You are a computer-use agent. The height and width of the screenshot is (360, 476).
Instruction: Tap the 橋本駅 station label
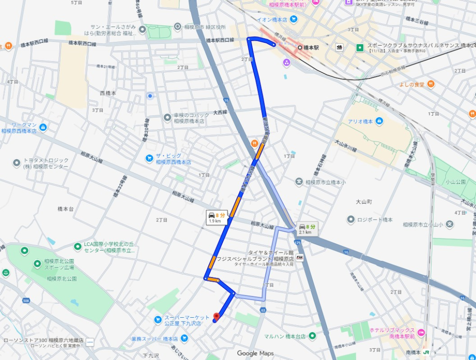311,47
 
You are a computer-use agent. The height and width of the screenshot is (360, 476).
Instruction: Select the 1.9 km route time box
218,218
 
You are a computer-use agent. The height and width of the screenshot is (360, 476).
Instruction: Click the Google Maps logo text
255,353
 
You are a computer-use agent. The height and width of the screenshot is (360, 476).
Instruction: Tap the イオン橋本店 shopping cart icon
294,19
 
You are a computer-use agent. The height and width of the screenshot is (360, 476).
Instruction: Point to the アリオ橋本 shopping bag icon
379,121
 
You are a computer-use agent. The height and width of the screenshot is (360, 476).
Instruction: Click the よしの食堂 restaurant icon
431,84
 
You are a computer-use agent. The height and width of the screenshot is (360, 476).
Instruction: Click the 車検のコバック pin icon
168,117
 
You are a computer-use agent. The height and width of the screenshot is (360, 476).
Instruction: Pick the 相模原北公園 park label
62,279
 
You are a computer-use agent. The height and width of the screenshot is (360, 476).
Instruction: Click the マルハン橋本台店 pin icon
312,336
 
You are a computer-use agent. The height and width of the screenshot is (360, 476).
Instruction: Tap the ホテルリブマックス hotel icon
421,333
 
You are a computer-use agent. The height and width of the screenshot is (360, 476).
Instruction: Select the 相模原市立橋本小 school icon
299,182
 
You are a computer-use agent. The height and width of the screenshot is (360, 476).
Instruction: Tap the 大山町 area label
364,202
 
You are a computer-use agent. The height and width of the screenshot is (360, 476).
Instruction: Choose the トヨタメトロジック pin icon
17,163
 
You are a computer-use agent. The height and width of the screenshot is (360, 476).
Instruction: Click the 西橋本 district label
108,93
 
